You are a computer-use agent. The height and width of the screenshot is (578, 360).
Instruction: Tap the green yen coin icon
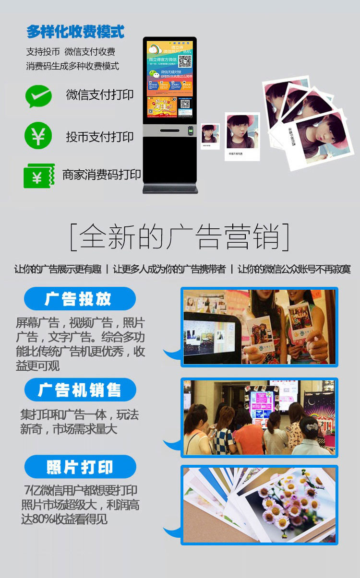coord(38,136)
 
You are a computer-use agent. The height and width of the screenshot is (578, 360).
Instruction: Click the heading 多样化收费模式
coord(75,32)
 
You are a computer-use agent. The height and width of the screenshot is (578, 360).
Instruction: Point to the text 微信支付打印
coord(100,94)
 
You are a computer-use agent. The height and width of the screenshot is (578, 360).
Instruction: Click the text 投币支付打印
coord(100,137)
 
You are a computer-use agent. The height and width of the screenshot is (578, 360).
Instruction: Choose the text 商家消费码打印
coord(101,175)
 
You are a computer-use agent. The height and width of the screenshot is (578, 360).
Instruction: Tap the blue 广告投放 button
coord(80,299)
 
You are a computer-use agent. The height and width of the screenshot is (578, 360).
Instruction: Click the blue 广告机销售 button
coord(80,390)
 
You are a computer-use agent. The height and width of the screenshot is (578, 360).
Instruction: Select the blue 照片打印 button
coord(80,467)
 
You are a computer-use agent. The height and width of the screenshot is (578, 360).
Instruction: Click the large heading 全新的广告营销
coord(180,236)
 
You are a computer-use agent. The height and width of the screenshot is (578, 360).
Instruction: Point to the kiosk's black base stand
coord(170,188)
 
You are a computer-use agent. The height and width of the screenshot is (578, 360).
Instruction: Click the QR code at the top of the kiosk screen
coord(185,61)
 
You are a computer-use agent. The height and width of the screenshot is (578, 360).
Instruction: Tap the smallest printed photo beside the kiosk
coord(210,136)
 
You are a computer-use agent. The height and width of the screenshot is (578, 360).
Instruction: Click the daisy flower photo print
coord(259,505)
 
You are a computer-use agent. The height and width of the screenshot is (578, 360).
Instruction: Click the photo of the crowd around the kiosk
coord(259,417)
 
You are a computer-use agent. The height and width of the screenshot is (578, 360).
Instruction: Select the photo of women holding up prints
coord(259,327)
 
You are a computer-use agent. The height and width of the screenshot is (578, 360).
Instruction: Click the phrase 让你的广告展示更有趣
coord(58,269)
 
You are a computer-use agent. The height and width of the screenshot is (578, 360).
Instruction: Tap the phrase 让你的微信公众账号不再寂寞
coord(294,269)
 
